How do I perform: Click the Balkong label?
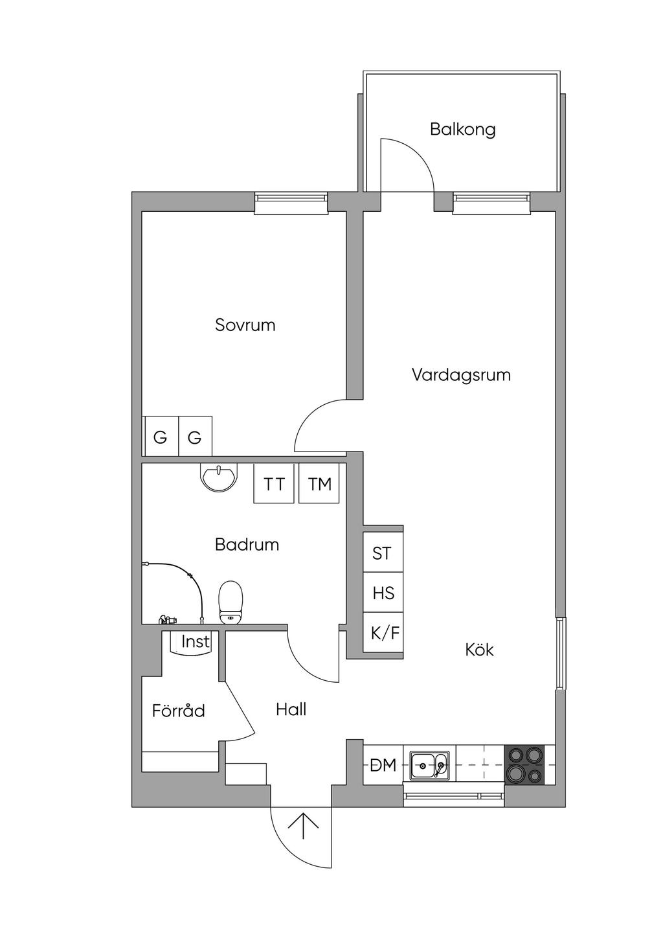[462, 129]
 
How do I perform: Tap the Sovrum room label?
[245, 325]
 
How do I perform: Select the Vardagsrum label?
[461, 374]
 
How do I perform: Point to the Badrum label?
[247, 544]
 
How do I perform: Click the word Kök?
[479, 649]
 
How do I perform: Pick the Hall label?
[291, 709]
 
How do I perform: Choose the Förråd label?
[178, 711]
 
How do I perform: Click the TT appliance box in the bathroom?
[274, 484]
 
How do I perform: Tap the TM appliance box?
[320, 484]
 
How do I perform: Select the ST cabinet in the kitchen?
[382, 553]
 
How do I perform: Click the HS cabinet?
[383, 593]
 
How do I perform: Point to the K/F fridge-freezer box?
[385, 632]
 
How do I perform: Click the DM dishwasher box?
[383, 765]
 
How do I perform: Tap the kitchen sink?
[429, 765]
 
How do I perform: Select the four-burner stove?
[525, 764]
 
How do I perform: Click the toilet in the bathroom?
[230, 602]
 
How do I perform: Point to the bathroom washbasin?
[219, 477]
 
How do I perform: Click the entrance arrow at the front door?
[302, 825]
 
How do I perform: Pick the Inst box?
[194, 642]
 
